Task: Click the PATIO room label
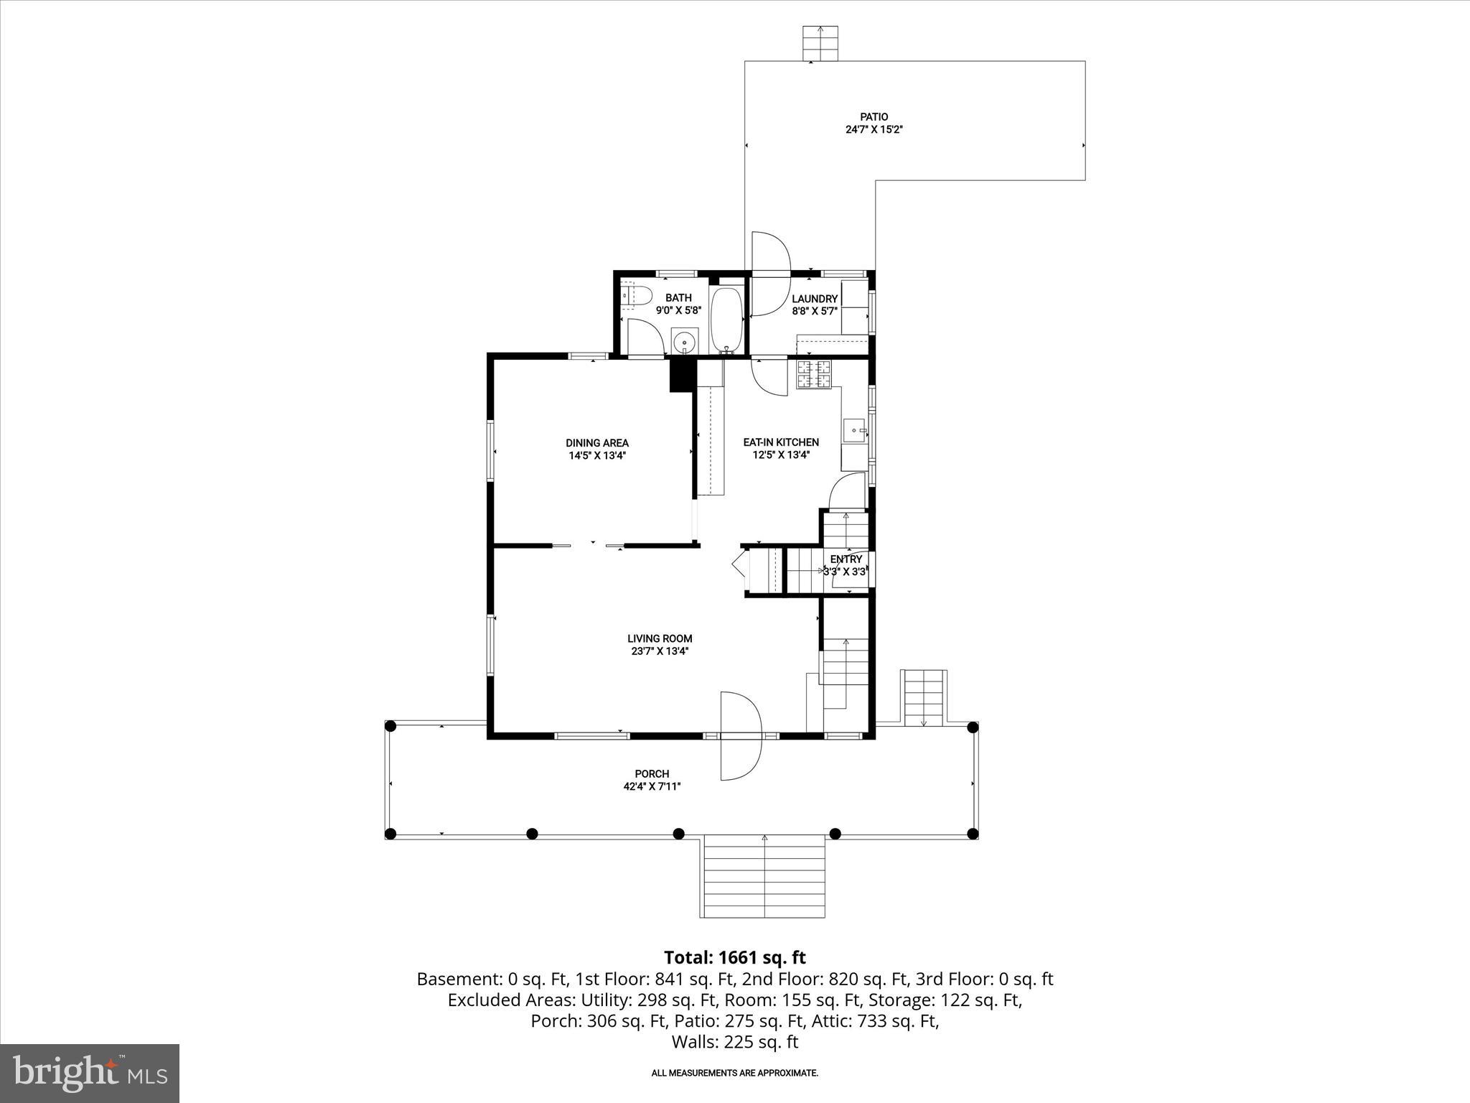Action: [x=874, y=116]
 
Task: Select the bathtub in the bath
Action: [x=728, y=319]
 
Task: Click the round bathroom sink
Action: [x=685, y=342]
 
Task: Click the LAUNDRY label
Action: [x=815, y=299]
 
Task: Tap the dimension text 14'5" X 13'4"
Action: [x=596, y=455]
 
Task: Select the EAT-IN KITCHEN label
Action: [x=780, y=442]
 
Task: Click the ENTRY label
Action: [x=846, y=559]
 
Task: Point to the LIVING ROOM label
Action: [x=659, y=638]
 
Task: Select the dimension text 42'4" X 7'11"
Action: [x=652, y=786]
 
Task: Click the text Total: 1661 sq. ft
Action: [x=734, y=957]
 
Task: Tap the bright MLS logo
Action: [x=89, y=1074]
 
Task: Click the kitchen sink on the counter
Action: [x=855, y=431]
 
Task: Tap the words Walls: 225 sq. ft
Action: [x=734, y=1042]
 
